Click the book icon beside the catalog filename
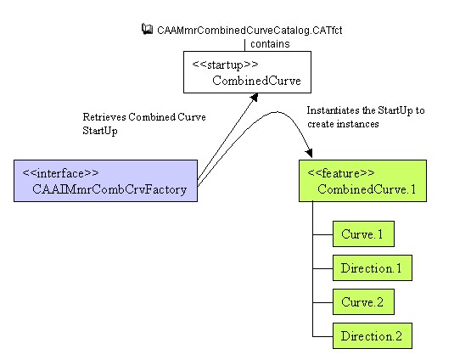pos(147,29)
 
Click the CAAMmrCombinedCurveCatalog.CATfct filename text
pos(250,31)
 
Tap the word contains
pos(270,44)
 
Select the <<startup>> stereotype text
pos(225,65)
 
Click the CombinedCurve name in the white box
pos(256,81)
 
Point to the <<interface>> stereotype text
pos(60,173)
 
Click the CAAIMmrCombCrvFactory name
pos(109,189)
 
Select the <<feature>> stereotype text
pos(341,173)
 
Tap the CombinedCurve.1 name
pos(367,189)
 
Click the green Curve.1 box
pos(363,234)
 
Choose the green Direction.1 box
pos(373,268)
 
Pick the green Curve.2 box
pos(363,302)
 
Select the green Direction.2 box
pos(373,336)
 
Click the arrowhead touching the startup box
pos(254,98)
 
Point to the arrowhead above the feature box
pos(309,153)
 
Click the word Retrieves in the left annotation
pos(104,117)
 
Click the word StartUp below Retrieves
pos(100,131)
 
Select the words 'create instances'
pos(343,124)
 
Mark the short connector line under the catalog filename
pos(245,45)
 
